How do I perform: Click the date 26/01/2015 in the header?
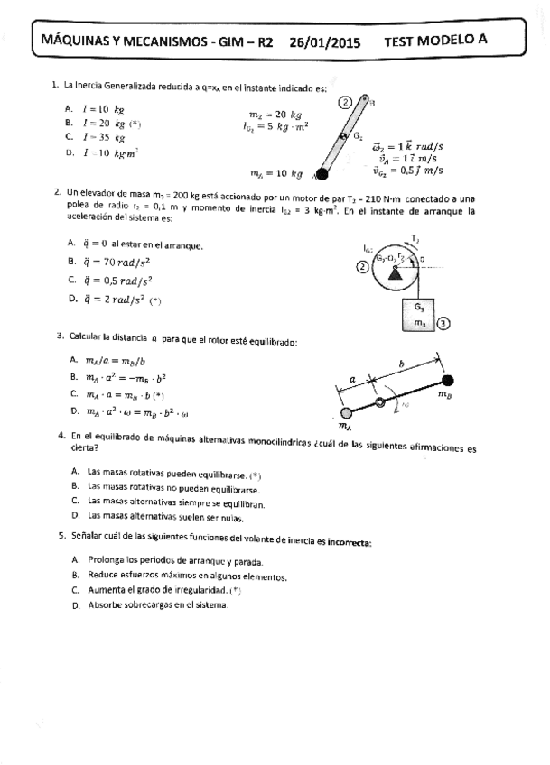[x=325, y=40]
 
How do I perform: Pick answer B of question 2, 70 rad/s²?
[x=115, y=262]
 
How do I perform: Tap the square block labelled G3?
[x=418, y=315]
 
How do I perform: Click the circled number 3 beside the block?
[x=443, y=322]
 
